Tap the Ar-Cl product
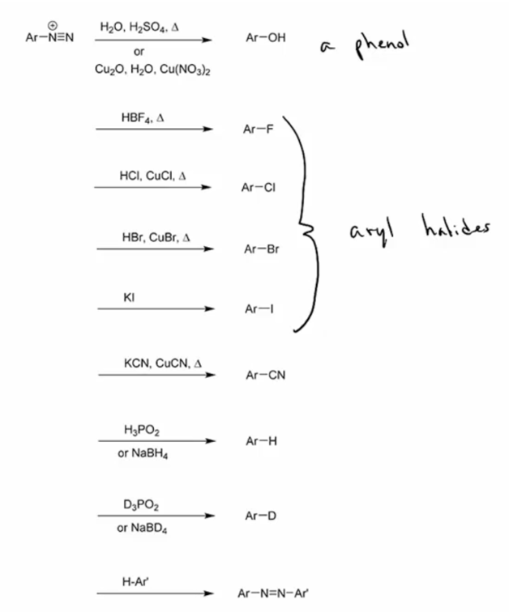coord(259,188)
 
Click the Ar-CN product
coord(265,376)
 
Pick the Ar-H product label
coord(260,441)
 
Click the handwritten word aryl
coord(371,233)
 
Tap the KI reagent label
coord(128,298)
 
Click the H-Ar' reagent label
coord(130,580)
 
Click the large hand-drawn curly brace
coord(306,227)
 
